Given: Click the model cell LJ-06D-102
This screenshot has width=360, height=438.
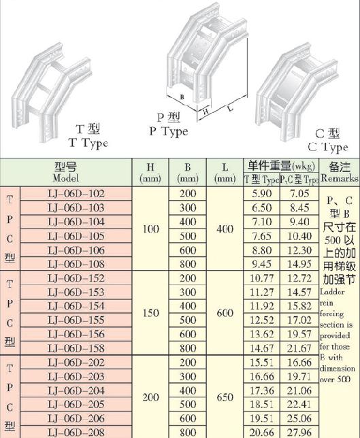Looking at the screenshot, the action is pyautogui.click(x=76, y=194).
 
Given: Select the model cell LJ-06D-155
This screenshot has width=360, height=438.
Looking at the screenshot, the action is pyautogui.click(x=76, y=320).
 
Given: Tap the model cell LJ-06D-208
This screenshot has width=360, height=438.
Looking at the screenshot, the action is pyautogui.click(x=76, y=432).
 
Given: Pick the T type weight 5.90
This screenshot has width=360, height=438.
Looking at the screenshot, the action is pyautogui.click(x=261, y=194).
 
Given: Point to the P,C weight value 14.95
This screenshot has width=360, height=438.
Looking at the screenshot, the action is pyautogui.click(x=299, y=264).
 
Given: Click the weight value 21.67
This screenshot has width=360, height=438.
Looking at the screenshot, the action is pyautogui.click(x=299, y=348).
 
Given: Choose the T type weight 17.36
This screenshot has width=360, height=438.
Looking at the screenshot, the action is pyautogui.click(x=261, y=390).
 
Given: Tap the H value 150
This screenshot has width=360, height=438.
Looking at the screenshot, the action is pyautogui.click(x=150, y=313).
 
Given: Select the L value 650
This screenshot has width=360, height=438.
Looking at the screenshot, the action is pyautogui.click(x=225, y=397).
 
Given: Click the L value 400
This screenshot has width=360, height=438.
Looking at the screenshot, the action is pyautogui.click(x=225, y=229).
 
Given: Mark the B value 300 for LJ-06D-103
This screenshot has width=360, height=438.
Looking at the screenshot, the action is pyautogui.click(x=188, y=208).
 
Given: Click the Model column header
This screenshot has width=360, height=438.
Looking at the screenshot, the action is pyautogui.click(x=66, y=172).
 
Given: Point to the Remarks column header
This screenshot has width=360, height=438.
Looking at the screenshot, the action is pyautogui.click(x=340, y=172).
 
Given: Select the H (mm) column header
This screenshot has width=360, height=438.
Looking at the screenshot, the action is pyautogui.click(x=150, y=173).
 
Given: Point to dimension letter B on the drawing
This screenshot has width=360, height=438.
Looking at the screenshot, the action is pyautogui.click(x=182, y=97).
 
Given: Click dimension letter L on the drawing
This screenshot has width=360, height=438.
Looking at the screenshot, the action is pyautogui.click(x=230, y=108).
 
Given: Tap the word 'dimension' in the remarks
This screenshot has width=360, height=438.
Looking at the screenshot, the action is pyautogui.click(x=338, y=369).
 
